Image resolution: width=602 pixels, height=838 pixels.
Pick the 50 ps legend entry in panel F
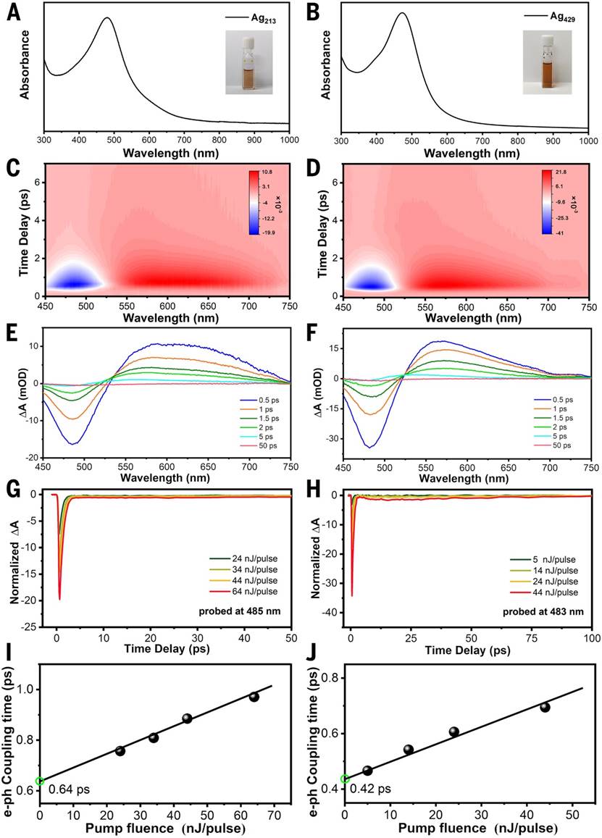[556, 451]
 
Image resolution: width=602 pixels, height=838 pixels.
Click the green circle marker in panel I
[41, 781]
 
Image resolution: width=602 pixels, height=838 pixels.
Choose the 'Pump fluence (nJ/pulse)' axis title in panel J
[465, 827]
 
